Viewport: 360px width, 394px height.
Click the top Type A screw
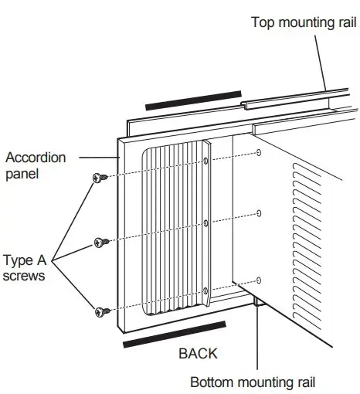click(99, 178)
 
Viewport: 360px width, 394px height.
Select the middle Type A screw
click(99, 243)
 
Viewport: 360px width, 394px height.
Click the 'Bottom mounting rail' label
click(253, 382)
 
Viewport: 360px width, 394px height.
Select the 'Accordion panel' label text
click(36, 165)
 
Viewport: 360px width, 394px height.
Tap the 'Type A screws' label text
click(28, 268)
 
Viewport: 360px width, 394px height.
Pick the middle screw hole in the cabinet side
click(259, 213)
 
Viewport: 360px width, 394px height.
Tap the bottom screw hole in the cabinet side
click(259, 279)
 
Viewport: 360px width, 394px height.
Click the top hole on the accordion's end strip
click(206, 161)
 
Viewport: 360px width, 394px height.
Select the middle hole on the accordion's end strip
click(206, 224)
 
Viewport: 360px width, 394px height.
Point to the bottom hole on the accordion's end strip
click(206, 291)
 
